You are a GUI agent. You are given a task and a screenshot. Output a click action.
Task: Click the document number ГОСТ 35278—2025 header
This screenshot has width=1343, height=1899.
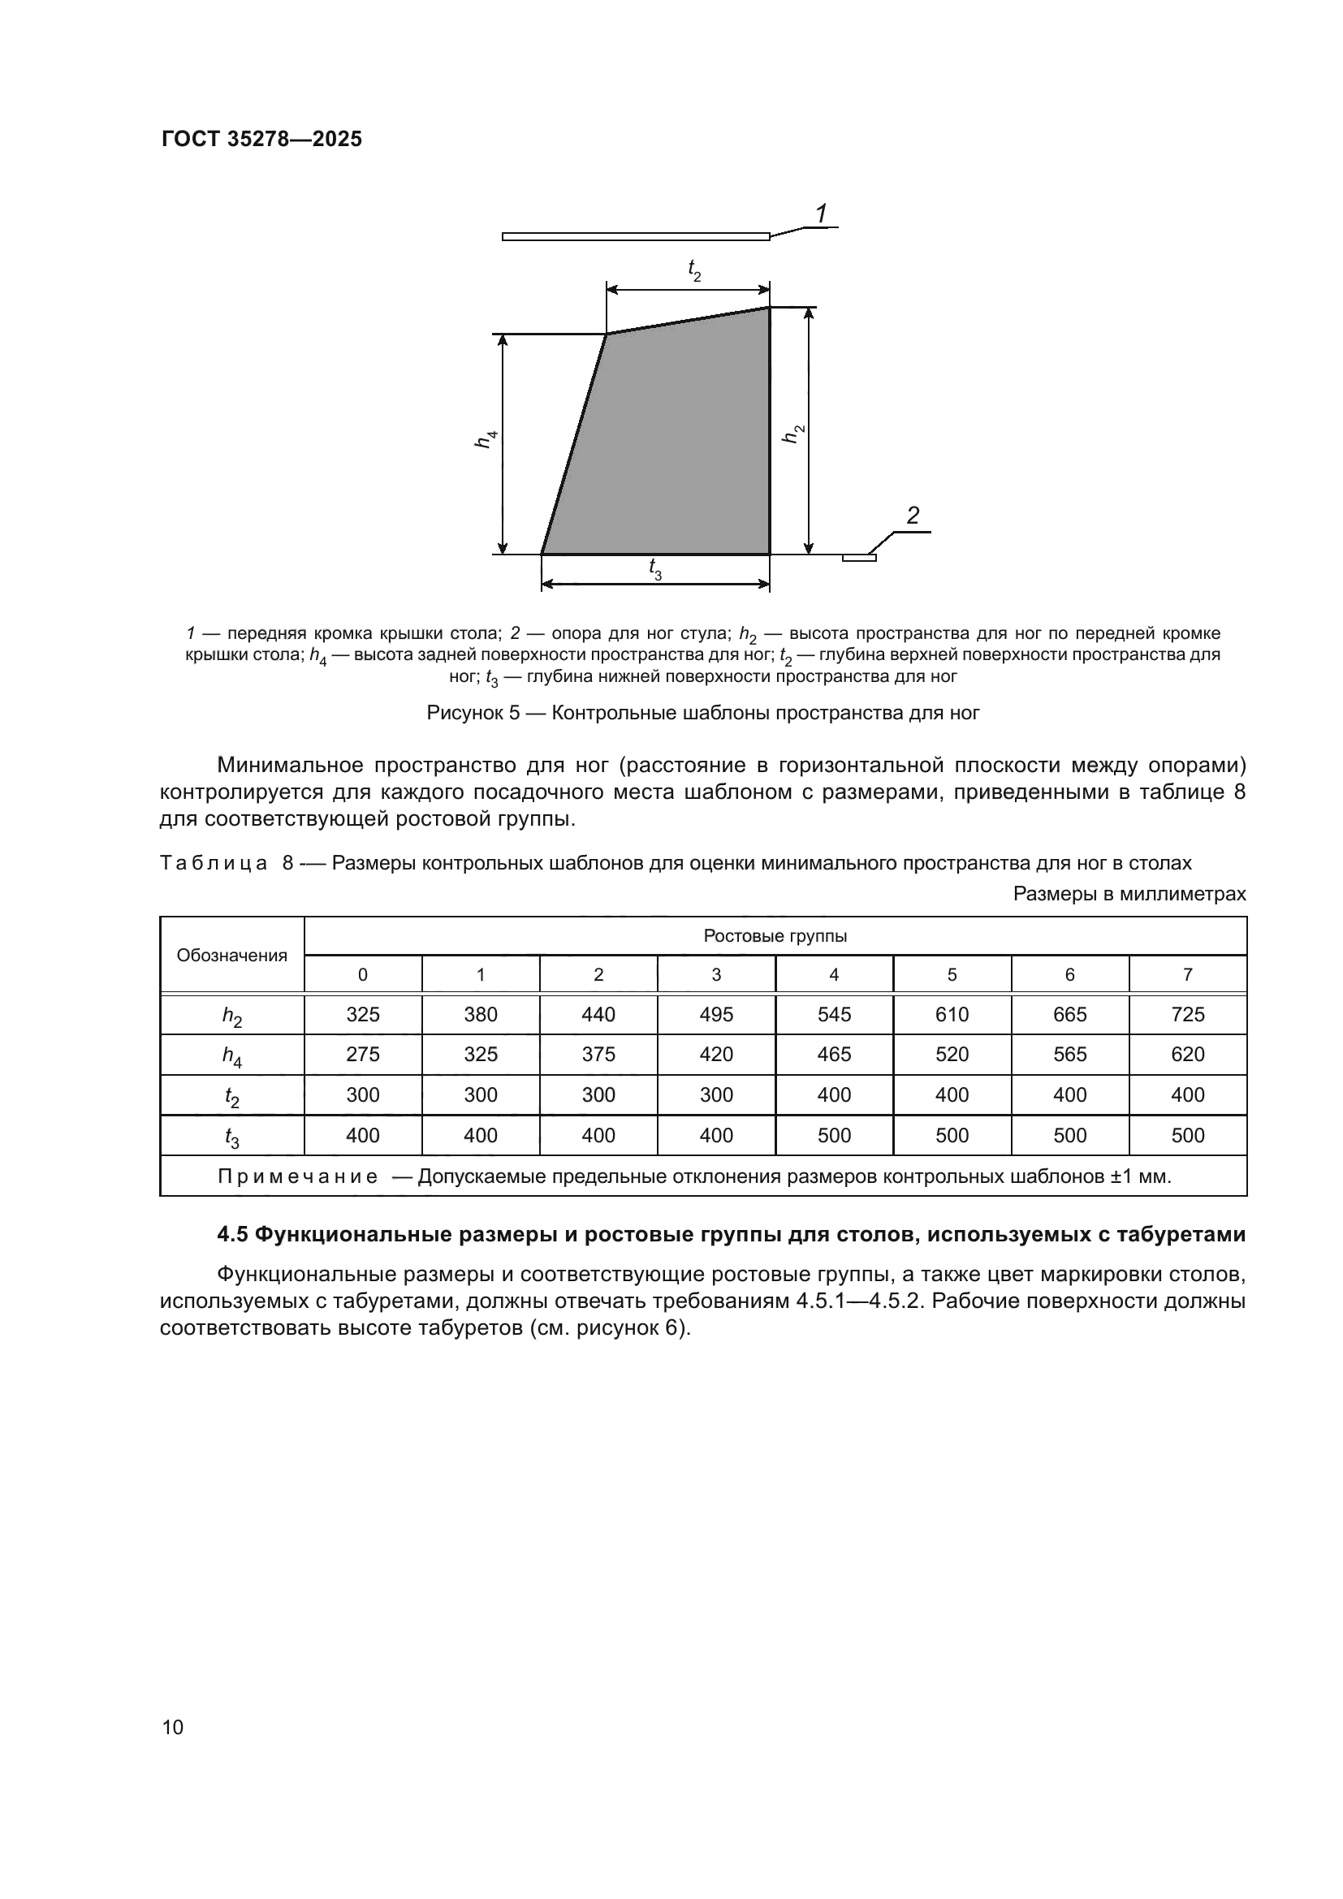click(261, 139)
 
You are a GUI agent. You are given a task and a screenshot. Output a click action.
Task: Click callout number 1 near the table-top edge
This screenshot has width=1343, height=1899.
click(820, 214)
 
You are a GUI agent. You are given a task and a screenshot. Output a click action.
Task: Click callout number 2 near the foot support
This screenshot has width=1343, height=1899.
click(912, 516)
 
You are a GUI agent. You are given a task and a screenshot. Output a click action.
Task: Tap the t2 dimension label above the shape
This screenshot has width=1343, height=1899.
click(693, 269)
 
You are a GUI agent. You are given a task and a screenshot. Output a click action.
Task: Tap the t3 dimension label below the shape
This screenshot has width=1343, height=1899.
click(655, 568)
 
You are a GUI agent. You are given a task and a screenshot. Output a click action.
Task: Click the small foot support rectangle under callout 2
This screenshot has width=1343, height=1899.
click(858, 558)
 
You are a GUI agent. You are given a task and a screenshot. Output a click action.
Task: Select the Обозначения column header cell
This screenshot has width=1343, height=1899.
click(231, 956)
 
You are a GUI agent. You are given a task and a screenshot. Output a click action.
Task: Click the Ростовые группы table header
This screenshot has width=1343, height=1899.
click(775, 936)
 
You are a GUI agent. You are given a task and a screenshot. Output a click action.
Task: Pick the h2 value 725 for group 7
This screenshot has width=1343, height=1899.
click(1188, 1015)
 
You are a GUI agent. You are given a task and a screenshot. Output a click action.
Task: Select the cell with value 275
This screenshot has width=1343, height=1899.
click(362, 1055)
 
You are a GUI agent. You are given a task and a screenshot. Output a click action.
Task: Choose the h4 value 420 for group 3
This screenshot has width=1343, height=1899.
click(716, 1055)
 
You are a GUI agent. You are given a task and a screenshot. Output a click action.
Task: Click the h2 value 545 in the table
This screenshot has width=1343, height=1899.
click(834, 1015)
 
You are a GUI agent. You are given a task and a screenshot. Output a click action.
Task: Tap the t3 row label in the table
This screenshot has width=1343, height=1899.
click(231, 1137)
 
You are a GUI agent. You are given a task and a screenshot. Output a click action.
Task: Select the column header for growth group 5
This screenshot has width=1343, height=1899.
click(952, 975)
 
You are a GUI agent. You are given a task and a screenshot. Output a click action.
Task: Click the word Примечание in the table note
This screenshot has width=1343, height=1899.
click(297, 1176)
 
